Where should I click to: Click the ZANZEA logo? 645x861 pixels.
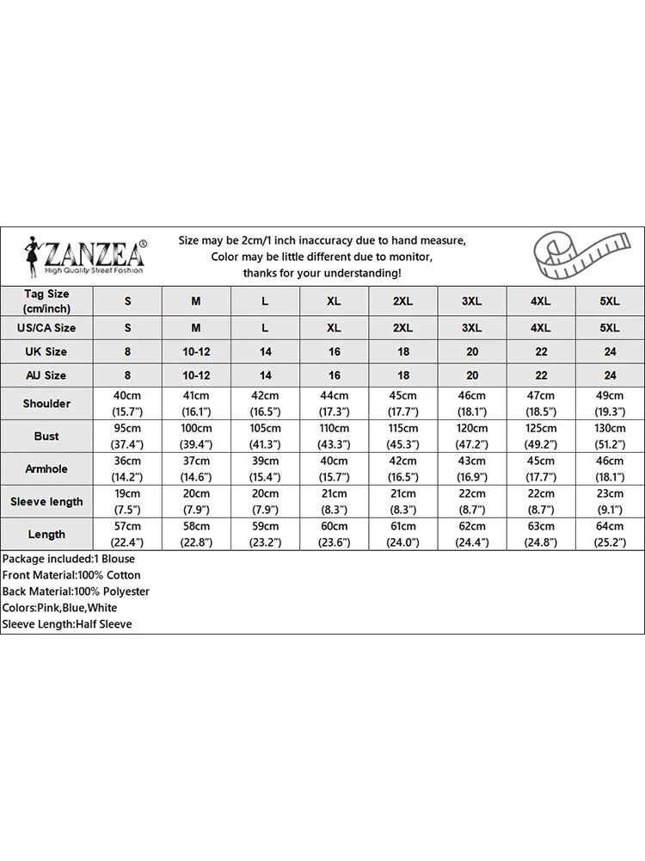(x=83, y=256)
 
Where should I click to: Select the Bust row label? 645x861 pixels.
(x=46, y=437)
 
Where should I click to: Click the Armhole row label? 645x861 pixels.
(x=46, y=469)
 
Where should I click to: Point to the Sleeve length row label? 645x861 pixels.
(x=46, y=502)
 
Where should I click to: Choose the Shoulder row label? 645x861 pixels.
(x=46, y=404)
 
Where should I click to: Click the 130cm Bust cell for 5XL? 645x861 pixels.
(x=609, y=436)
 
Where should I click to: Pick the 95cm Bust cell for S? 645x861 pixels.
(x=127, y=436)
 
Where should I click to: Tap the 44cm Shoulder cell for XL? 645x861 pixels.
(x=334, y=403)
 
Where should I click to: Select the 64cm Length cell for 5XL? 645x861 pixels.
(x=609, y=534)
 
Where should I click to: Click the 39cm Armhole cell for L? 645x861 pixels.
(x=265, y=468)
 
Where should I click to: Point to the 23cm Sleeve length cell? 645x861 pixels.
(x=609, y=501)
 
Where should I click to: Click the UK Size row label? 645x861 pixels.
(x=46, y=351)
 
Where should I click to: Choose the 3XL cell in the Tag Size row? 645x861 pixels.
(x=471, y=301)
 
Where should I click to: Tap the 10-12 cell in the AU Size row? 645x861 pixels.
(x=196, y=375)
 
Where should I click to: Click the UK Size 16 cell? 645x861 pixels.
(x=334, y=351)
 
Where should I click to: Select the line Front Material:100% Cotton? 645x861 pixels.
(x=71, y=575)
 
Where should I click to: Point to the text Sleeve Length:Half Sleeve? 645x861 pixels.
(x=67, y=624)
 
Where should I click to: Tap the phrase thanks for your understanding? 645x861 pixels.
(x=322, y=273)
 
